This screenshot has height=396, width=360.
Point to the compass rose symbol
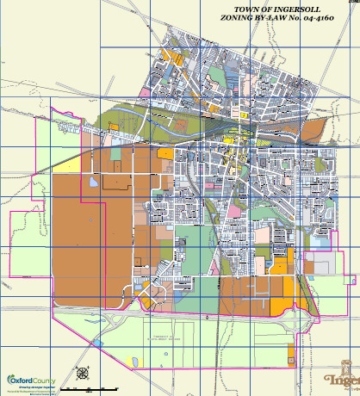click(83, 374)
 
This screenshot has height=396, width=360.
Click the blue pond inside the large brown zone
click(92, 183)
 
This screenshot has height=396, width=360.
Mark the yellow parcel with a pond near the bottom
click(132, 361)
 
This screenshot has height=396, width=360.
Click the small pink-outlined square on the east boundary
click(351, 278)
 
